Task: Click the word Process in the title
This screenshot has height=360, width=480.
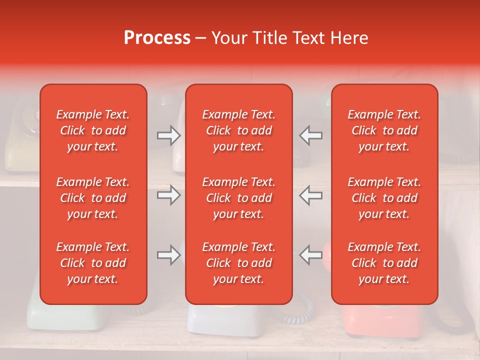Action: tap(157, 38)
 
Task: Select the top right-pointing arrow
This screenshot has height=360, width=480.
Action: tap(169, 135)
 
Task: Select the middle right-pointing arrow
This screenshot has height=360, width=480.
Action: tap(169, 195)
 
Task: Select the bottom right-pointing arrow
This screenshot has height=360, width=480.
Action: tap(169, 255)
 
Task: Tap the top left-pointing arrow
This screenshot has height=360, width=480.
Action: tap(311, 135)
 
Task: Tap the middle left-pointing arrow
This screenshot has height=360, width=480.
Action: tap(311, 195)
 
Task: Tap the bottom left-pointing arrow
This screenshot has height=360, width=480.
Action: tap(311, 255)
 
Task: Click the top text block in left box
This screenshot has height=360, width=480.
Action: tap(93, 130)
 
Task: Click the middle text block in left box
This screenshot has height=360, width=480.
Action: tap(93, 198)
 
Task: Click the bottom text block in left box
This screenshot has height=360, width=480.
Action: tap(93, 263)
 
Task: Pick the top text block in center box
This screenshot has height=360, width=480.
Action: tap(238, 130)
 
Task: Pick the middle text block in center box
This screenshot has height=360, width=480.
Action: tap(238, 198)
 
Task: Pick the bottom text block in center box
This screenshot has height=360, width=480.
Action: tap(238, 263)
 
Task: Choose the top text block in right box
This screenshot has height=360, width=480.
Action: tap(384, 130)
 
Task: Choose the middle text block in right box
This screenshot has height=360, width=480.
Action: tap(384, 198)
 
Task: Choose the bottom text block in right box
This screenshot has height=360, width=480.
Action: tap(384, 263)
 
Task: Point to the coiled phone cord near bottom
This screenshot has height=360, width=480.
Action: tap(300, 312)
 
